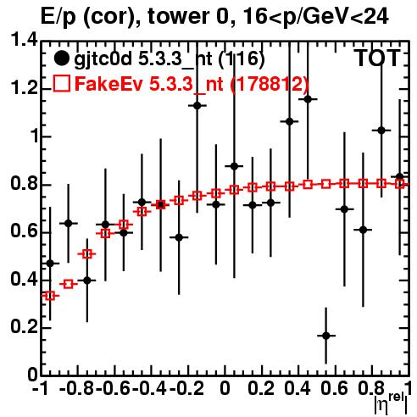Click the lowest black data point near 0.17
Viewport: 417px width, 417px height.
click(x=326, y=336)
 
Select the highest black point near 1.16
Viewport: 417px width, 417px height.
click(x=308, y=99)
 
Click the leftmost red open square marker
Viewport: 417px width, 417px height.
click(x=50, y=296)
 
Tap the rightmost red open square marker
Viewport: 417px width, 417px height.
click(x=399, y=184)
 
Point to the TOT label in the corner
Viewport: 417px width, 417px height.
click(x=376, y=58)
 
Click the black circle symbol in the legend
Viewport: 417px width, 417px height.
click(x=61, y=58)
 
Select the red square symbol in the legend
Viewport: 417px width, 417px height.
click(x=61, y=83)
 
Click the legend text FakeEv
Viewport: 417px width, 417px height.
click(x=108, y=84)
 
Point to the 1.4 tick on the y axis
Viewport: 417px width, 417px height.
click(x=24, y=41)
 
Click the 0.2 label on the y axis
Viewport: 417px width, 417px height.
click(x=24, y=327)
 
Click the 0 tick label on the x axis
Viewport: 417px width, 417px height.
click(x=225, y=388)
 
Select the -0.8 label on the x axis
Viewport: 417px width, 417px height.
click(x=76, y=388)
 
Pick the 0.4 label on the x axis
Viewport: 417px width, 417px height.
click(x=297, y=388)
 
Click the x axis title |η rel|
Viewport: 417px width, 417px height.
click(x=391, y=403)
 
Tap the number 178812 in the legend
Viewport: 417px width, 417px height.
click(x=269, y=84)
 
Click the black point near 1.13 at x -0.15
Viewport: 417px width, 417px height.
click(x=197, y=106)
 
